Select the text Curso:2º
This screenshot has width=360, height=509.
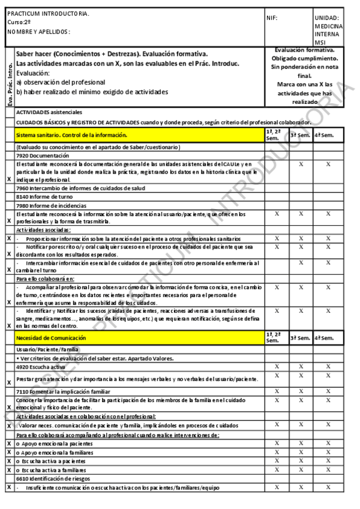point(20,22)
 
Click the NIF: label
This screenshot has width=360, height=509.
point(272,18)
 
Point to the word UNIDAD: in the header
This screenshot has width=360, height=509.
point(327,18)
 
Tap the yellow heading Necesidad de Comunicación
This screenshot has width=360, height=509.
point(51,338)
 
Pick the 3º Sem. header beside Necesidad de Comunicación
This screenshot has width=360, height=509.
point(301,339)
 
